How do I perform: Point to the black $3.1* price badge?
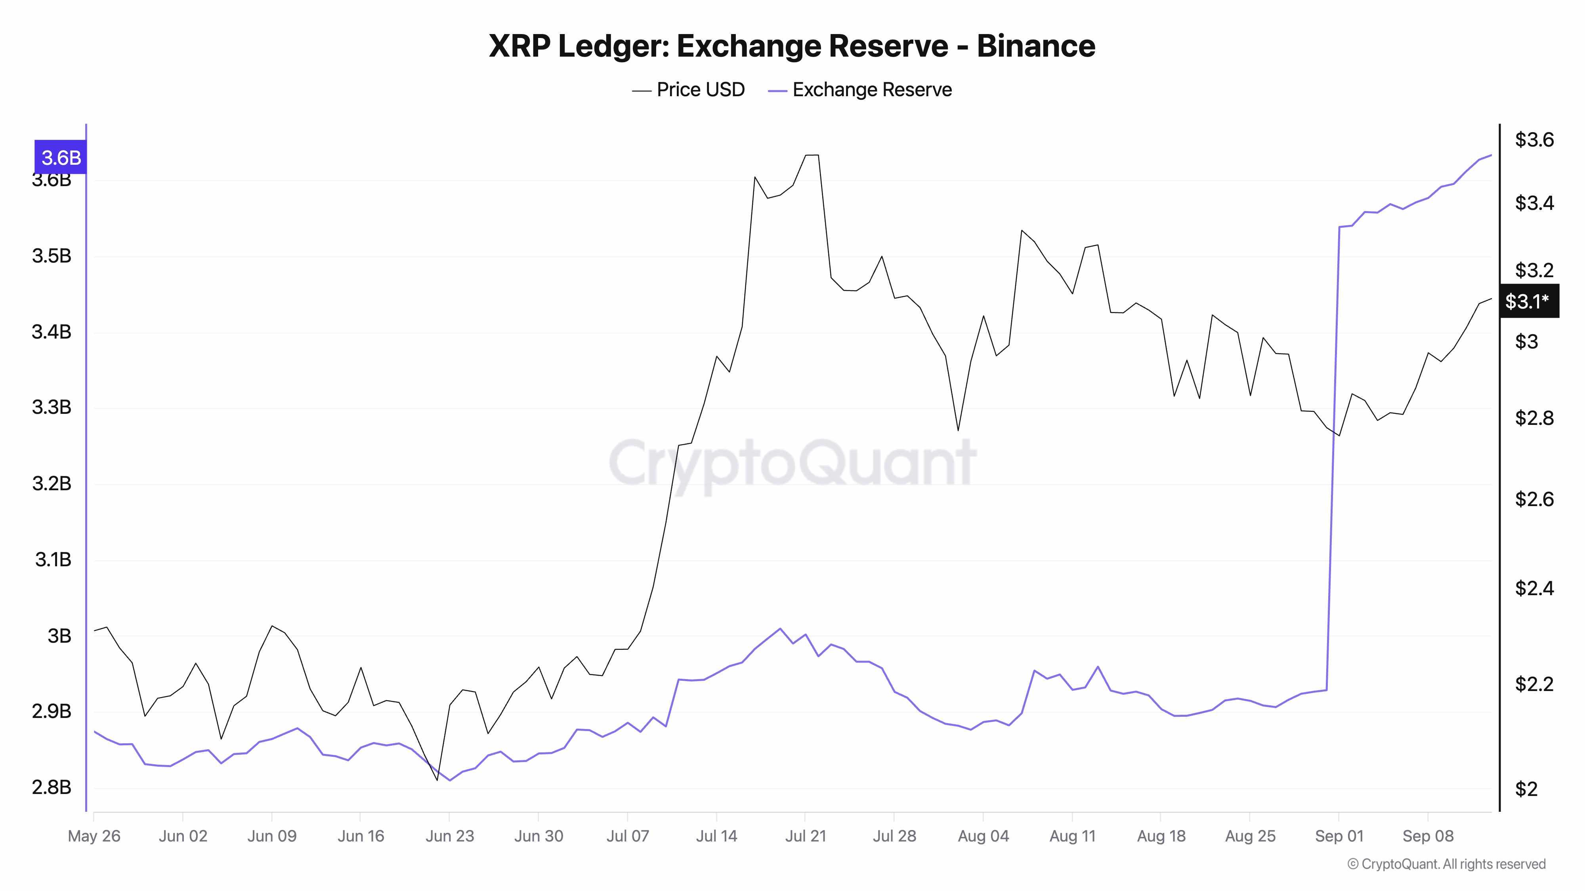pos(1528,301)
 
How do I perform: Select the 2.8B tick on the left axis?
pos(52,787)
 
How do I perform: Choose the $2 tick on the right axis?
pos(1526,788)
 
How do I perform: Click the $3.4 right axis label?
pos(1534,202)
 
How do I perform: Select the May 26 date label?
pos(94,836)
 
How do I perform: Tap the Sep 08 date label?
pos(1427,836)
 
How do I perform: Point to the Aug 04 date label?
pos(983,836)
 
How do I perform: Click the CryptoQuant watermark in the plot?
pos(792,463)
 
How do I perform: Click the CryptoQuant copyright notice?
pos(1446,864)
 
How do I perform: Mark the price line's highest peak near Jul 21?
pos(812,155)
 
